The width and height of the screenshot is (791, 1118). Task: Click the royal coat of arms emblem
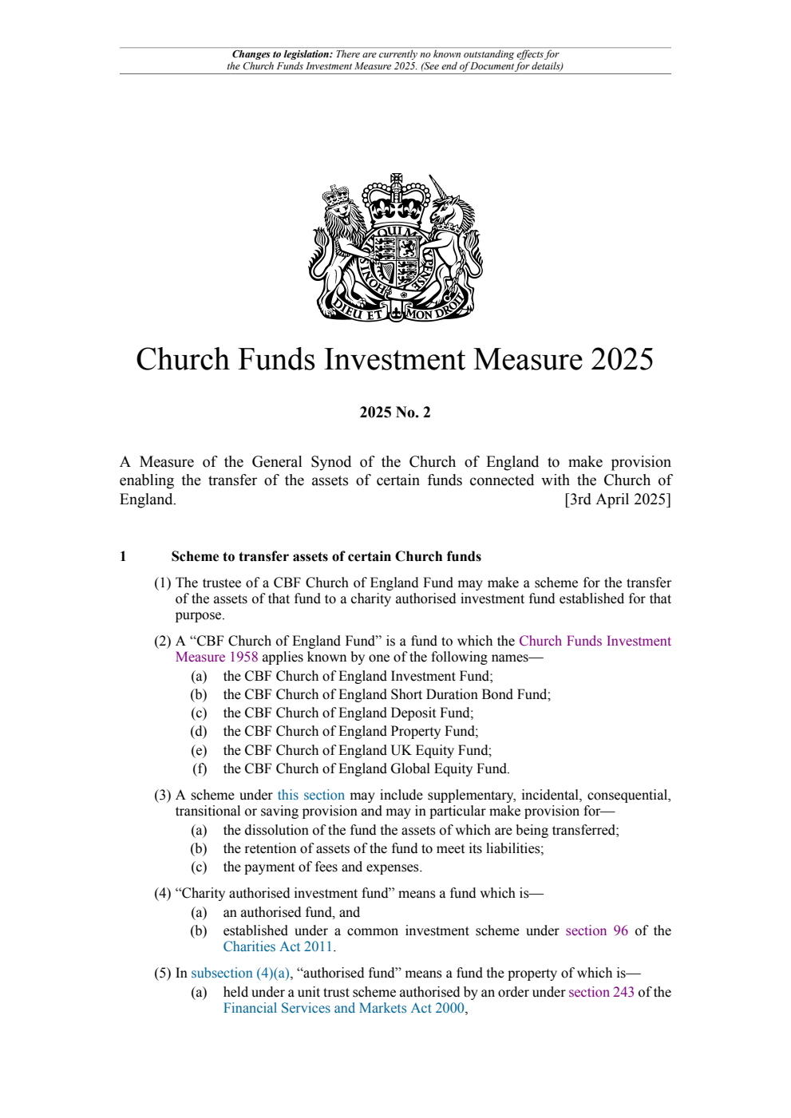(x=395, y=248)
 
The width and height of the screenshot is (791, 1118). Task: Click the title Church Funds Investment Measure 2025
(x=394, y=360)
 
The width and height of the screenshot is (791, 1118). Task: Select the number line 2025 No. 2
(x=394, y=413)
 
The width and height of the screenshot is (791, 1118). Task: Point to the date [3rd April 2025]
(x=617, y=500)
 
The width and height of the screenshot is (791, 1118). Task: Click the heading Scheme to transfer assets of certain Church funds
(x=326, y=556)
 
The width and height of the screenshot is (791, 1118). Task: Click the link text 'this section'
(x=310, y=795)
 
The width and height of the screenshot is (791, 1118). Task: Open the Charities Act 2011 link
(x=278, y=946)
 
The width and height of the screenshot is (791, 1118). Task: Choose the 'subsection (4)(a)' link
(x=240, y=973)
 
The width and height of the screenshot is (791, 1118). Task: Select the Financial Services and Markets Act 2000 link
(x=343, y=1008)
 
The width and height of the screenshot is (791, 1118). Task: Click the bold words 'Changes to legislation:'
(x=282, y=54)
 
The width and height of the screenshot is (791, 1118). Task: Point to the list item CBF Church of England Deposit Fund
(x=348, y=713)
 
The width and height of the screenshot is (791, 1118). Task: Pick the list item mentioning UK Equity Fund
(x=357, y=750)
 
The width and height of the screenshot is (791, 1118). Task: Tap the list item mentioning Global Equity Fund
(x=366, y=768)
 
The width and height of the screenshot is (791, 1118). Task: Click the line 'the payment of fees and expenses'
(x=322, y=867)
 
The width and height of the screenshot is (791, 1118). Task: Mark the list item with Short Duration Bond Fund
(x=386, y=694)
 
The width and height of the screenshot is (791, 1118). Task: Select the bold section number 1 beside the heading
(x=123, y=556)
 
